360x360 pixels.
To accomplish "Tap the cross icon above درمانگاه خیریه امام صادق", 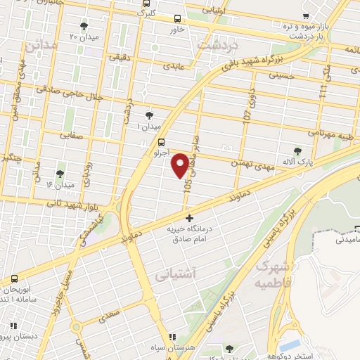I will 188,218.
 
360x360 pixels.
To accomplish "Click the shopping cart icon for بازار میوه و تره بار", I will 305,15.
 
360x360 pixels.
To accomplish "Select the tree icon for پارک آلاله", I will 298,150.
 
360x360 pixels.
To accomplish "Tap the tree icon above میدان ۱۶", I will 59,173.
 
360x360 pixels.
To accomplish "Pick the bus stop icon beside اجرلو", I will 143,142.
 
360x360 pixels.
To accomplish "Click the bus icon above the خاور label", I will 176,19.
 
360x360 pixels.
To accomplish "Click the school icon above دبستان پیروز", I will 12,325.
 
